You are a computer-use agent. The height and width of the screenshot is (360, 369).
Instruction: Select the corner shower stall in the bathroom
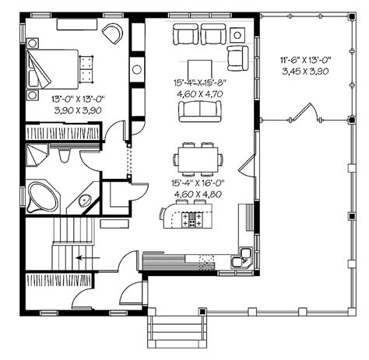point(37,155)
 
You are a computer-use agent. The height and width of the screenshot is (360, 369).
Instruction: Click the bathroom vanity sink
point(85,201)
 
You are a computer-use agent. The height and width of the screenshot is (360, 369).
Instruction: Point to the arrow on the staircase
point(88,258)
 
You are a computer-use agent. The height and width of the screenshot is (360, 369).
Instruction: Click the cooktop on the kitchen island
point(192,219)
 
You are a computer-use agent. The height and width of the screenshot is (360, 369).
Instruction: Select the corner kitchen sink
point(241,257)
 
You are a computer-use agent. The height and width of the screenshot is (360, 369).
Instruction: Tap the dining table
point(199,159)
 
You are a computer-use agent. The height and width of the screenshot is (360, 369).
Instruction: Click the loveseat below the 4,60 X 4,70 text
point(200,111)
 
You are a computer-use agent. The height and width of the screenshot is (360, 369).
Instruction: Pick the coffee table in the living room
point(200,69)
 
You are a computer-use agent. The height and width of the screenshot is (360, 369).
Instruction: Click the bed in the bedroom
point(53,69)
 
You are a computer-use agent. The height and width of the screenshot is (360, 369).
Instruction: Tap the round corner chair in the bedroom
point(113,33)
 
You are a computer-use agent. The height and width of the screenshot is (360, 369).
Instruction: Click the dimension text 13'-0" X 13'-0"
point(78,99)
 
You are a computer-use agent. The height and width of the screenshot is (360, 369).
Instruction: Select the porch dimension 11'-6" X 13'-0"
point(305,60)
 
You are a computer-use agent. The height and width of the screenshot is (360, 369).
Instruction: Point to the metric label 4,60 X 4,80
point(198,194)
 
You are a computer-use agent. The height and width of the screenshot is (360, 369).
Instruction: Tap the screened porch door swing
point(306,112)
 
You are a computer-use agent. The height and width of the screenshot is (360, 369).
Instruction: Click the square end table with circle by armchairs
point(237,35)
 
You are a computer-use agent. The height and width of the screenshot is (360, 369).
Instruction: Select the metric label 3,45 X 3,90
point(305,72)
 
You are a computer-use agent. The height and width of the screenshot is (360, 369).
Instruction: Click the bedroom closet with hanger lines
point(63,132)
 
